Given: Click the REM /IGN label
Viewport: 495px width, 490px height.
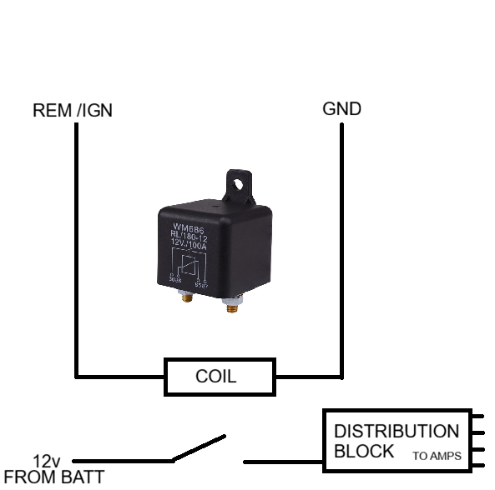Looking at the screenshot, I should click(72, 111).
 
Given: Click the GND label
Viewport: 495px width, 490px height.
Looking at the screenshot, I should click(341, 109).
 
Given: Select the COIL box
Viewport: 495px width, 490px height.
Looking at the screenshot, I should click(220, 377).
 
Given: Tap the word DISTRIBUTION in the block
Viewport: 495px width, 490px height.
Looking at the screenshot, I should click(396, 432).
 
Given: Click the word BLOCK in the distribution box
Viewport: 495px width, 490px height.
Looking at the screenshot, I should click(364, 452).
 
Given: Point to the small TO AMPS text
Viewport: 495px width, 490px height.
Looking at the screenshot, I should click(437, 456).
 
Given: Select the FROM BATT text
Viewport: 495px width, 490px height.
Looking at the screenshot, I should click(54, 477).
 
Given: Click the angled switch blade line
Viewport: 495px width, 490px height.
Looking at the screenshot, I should click(199, 447).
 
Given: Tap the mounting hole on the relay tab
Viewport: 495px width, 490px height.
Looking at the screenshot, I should click(240, 181).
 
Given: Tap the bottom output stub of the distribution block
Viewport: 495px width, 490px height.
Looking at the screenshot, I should click(478, 457).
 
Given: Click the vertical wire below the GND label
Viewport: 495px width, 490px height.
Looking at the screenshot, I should click(341, 250).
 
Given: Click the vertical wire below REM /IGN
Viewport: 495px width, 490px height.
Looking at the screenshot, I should click(76, 250).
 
